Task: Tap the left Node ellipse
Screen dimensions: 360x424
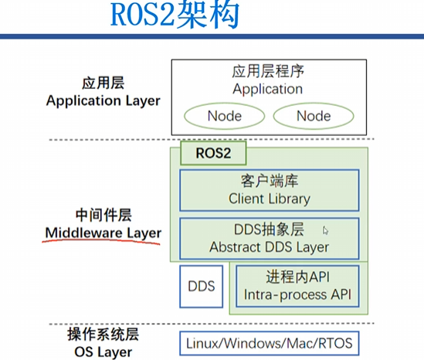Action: click(x=224, y=116)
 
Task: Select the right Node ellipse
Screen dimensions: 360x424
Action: click(x=313, y=116)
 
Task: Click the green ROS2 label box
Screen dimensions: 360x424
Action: click(x=213, y=152)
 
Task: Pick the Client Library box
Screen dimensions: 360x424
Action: click(x=269, y=190)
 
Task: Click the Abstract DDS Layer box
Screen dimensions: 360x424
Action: click(x=269, y=238)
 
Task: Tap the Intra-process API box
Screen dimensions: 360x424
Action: click(x=297, y=286)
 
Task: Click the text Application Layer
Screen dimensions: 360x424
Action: click(x=103, y=100)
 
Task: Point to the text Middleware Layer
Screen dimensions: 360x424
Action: click(x=103, y=232)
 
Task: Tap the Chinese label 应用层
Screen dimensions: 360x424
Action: click(x=103, y=83)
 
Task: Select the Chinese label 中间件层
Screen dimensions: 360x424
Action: click(x=103, y=215)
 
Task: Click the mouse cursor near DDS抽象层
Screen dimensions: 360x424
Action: click(x=325, y=230)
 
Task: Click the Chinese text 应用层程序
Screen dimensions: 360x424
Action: click(x=269, y=72)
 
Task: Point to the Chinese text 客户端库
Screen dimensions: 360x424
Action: click(x=269, y=182)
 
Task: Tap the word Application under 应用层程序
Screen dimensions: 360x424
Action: click(x=269, y=89)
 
